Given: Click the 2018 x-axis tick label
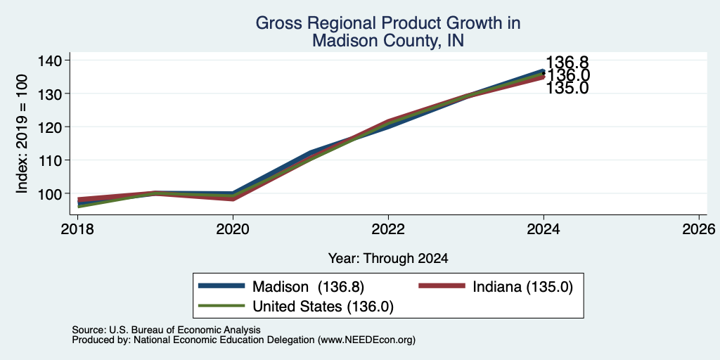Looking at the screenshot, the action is (77, 229).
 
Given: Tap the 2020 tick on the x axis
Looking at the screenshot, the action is (233, 229).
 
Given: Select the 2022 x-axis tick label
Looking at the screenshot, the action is (388, 229).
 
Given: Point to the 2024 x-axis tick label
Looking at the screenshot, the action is (544, 229).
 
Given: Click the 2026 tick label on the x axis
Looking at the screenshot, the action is (700, 229).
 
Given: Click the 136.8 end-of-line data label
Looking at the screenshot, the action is (567, 63).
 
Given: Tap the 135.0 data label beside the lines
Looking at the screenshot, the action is (567, 88).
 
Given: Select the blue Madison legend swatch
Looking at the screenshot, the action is (221, 286).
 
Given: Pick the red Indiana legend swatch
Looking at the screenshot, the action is (442, 286).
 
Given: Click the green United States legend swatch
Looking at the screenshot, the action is (221, 305).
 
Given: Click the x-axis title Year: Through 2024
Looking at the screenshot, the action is (388, 259).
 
